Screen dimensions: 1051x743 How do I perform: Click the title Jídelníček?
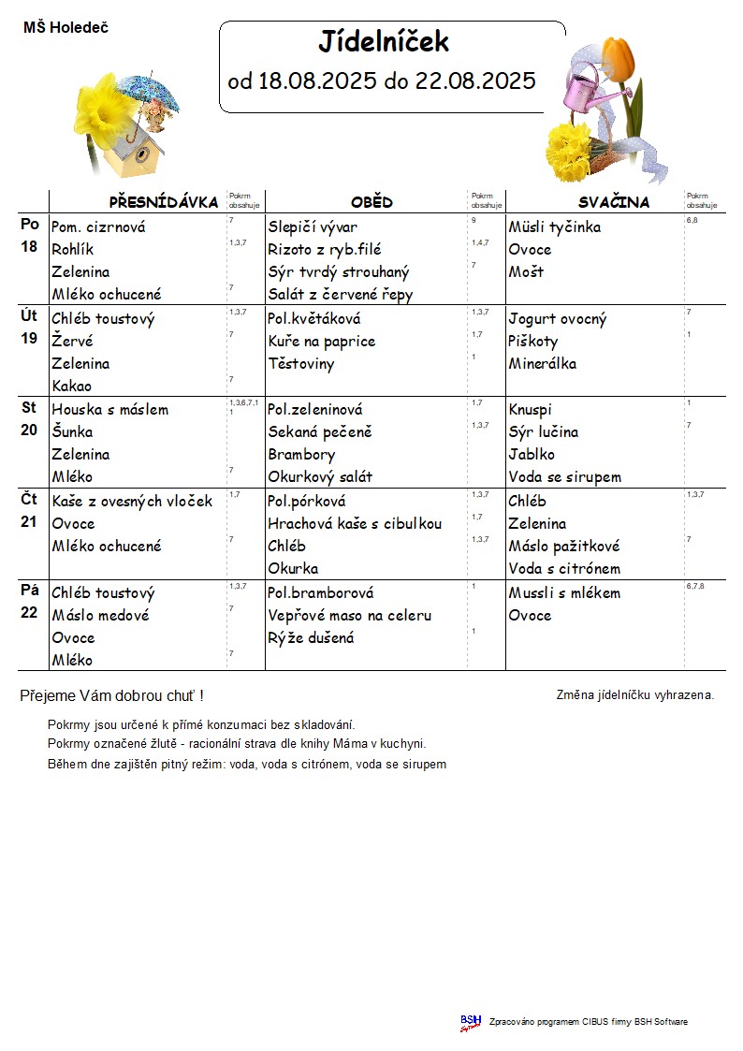(x=384, y=42)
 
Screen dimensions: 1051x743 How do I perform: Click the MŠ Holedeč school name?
(x=66, y=28)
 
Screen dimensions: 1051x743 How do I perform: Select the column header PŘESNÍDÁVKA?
(x=164, y=202)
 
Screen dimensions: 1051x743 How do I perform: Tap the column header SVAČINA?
(x=613, y=202)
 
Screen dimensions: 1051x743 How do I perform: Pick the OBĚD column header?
(x=371, y=202)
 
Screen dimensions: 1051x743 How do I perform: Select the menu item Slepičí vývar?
(x=313, y=227)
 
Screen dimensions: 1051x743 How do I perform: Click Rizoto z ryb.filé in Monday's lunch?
(x=325, y=250)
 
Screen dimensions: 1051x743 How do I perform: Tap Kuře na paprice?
(x=321, y=342)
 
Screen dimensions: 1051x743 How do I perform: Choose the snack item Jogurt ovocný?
(x=558, y=319)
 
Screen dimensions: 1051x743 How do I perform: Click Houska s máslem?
(x=110, y=410)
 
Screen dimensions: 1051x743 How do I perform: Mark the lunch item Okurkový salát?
(x=320, y=477)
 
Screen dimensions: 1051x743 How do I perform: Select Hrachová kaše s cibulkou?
(x=355, y=524)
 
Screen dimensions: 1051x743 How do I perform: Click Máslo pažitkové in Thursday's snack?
(x=564, y=547)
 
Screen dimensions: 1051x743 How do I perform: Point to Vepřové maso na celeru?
(x=350, y=616)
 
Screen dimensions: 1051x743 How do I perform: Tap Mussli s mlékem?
(x=564, y=593)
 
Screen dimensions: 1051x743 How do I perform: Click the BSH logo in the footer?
(x=471, y=1022)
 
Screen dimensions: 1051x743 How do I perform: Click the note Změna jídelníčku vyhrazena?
(x=635, y=695)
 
